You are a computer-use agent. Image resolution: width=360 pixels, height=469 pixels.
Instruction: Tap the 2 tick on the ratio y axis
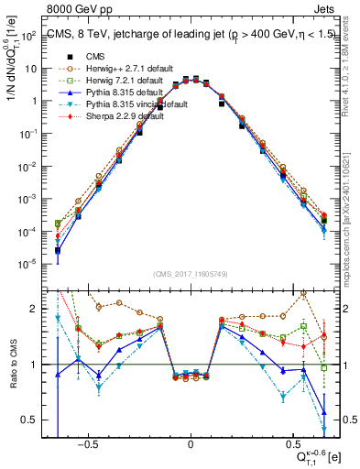38,309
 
